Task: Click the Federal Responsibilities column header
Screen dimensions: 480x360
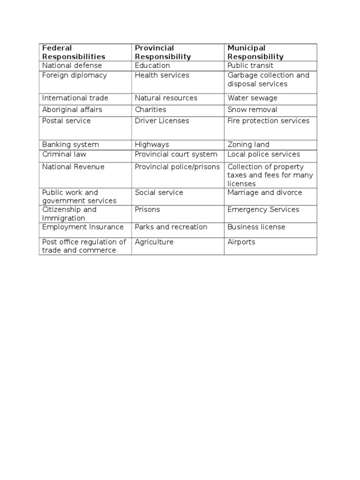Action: coord(74,52)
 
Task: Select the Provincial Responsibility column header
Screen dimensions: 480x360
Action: coord(163,52)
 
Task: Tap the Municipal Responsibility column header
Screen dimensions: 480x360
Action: coord(255,52)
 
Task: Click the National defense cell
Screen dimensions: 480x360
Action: coord(72,66)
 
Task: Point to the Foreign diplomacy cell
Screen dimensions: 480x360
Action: coord(75,75)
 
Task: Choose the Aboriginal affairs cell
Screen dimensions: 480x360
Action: coord(72,110)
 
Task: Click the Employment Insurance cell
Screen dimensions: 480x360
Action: coord(83,227)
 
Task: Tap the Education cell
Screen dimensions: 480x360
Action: coord(152,66)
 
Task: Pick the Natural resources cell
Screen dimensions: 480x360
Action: coord(166,98)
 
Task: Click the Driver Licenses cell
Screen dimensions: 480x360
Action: coord(162,121)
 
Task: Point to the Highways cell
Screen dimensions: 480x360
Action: coord(152,145)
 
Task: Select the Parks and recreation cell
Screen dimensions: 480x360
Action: coord(171,227)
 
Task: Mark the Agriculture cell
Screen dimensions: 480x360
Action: coord(154,242)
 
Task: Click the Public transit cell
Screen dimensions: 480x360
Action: coord(249,66)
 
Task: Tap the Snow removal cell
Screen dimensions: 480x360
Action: coord(252,110)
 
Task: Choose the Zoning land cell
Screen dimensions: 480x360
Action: coord(248,145)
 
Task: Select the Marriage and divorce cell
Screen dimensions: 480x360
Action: coord(265,193)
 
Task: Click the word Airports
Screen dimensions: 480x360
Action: coord(241,242)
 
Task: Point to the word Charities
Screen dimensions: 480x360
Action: coord(150,110)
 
